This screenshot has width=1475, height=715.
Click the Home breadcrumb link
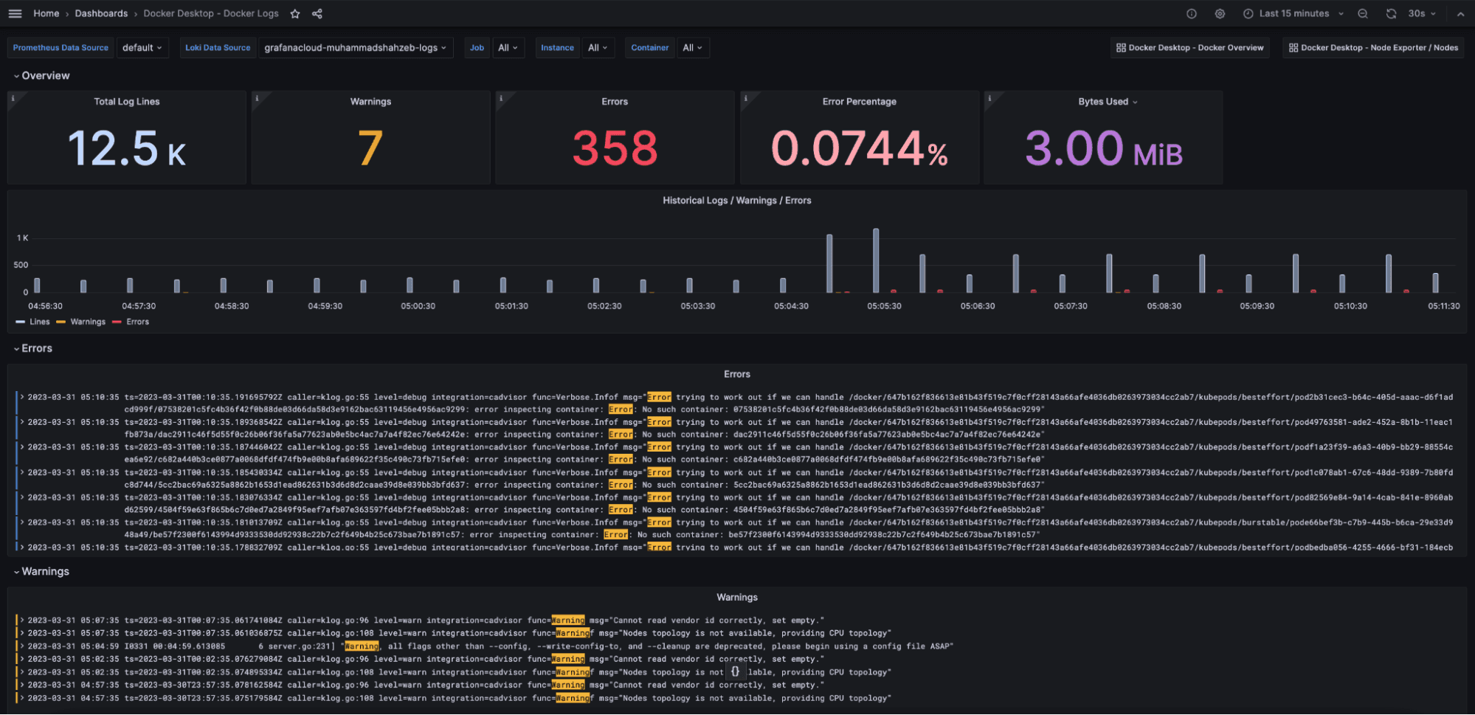(x=46, y=13)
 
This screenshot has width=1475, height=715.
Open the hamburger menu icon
(x=15, y=13)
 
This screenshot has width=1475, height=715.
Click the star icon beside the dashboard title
(x=295, y=13)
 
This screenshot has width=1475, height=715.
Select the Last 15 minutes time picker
(x=1293, y=13)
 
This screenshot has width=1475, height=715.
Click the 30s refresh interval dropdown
(x=1420, y=13)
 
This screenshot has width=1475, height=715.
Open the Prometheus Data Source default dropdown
(x=142, y=47)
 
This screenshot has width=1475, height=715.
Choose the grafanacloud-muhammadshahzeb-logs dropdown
(x=355, y=47)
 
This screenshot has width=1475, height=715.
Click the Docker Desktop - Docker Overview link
(x=1189, y=47)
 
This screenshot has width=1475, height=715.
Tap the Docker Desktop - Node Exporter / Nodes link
(x=1373, y=47)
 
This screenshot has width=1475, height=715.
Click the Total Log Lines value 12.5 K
(x=126, y=148)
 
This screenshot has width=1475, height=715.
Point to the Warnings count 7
(x=370, y=148)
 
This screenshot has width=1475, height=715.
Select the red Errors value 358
(x=615, y=148)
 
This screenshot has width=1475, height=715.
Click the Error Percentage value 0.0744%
(x=859, y=148)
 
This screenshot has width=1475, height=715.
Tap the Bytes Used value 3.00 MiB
(x=1103, y=148)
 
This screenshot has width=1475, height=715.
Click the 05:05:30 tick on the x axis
(x=884, y=306)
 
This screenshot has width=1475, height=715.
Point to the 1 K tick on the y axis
(x=23, y=238)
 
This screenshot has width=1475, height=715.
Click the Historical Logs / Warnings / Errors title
(x=736, y=200)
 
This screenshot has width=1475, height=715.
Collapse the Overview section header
(x=41, y=75)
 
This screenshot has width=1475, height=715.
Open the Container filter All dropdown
(x=691, y=47)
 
